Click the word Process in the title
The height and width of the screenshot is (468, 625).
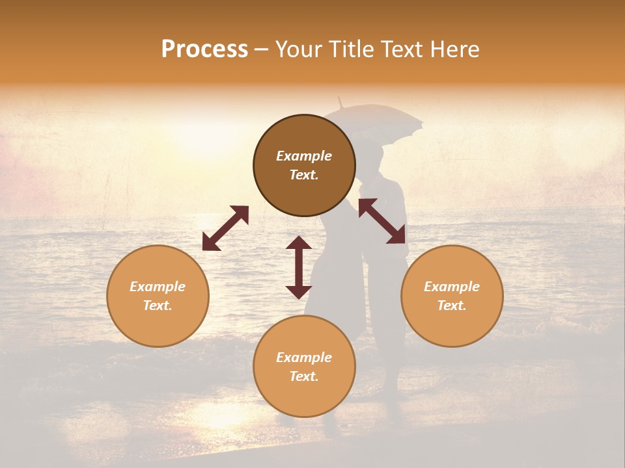tap(204, 49)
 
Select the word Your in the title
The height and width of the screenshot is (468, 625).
tap(299, 49)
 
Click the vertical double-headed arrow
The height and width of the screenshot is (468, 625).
tap(299, 267)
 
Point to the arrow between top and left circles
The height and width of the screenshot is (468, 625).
tap(225, 228)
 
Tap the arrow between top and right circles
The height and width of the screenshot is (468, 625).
tap(382, 221)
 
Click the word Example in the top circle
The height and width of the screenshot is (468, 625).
tap(304, 156)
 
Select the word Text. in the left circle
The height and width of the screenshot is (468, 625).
tap(158, 305)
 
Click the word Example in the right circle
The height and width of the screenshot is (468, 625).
tap(452, 287)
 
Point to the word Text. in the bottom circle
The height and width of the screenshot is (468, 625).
tap(304, 376)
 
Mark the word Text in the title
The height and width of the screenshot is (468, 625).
tap(399, 49)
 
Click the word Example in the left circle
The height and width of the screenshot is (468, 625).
tap(158, 287)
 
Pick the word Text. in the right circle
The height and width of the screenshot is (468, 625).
tap(452, 305)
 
